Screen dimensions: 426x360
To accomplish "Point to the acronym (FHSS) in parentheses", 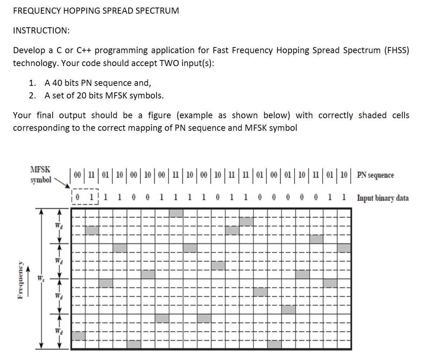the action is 397,50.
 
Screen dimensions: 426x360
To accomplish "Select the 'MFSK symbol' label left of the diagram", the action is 41,174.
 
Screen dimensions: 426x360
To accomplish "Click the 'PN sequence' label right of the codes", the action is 375,175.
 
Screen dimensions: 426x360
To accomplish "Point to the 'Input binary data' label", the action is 383,198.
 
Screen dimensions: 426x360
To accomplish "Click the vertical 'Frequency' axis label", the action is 20,279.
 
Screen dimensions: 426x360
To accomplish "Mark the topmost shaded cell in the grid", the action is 176,213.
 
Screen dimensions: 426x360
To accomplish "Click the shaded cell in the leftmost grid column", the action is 78,336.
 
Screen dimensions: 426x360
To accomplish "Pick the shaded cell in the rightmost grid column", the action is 344,248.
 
